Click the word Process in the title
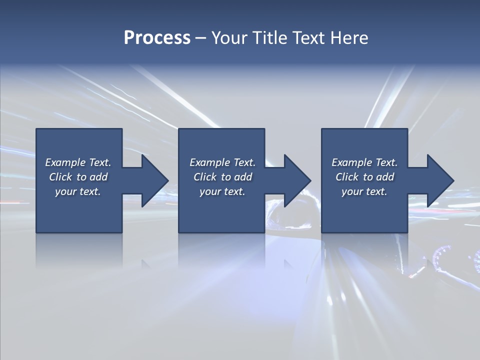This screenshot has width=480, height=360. point(157,38)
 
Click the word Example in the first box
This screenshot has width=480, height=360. point(65,162)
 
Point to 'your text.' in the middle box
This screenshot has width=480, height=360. point(222,191)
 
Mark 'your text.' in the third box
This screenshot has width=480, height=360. point(364,191)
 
